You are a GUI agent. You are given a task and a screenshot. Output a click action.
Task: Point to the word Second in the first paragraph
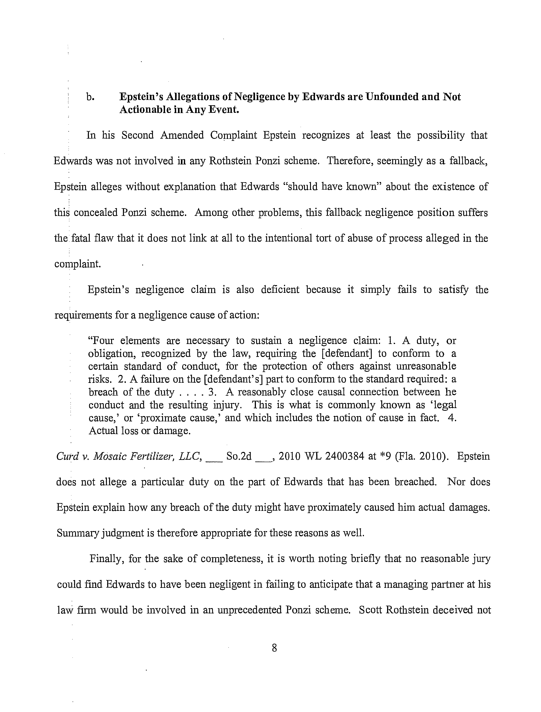pos(138,135)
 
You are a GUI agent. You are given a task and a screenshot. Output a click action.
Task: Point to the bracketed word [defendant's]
pos(234,379)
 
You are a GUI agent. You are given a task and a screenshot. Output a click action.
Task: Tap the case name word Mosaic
pos(109,456)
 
